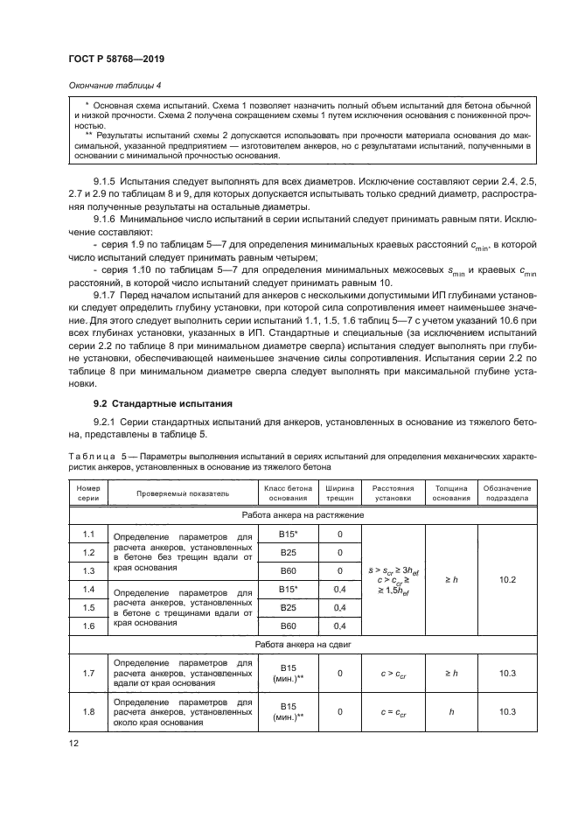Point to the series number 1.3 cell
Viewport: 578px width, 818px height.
point(88,570)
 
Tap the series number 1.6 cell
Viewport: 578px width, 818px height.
point(88,626)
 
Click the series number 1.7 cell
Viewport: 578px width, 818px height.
point(88,673)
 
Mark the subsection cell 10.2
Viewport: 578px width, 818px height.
point(507,578)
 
